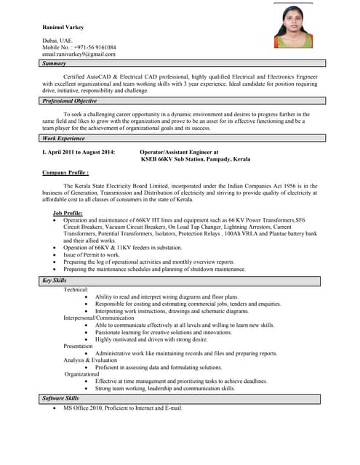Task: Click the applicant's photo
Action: (x=293, y=26)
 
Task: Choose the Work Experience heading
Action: (x=64, y=138)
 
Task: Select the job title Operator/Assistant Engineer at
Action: (x=179, y=152)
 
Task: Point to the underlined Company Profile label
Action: (x=65, y=173)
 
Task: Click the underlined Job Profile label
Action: (x=68, y=213)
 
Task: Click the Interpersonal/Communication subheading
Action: (x=99, y=318)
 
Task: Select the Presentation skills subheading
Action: (x=79, y=346)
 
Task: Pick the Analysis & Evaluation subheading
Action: (x=90, y=360)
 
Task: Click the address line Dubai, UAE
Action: (x=57, y=40)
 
